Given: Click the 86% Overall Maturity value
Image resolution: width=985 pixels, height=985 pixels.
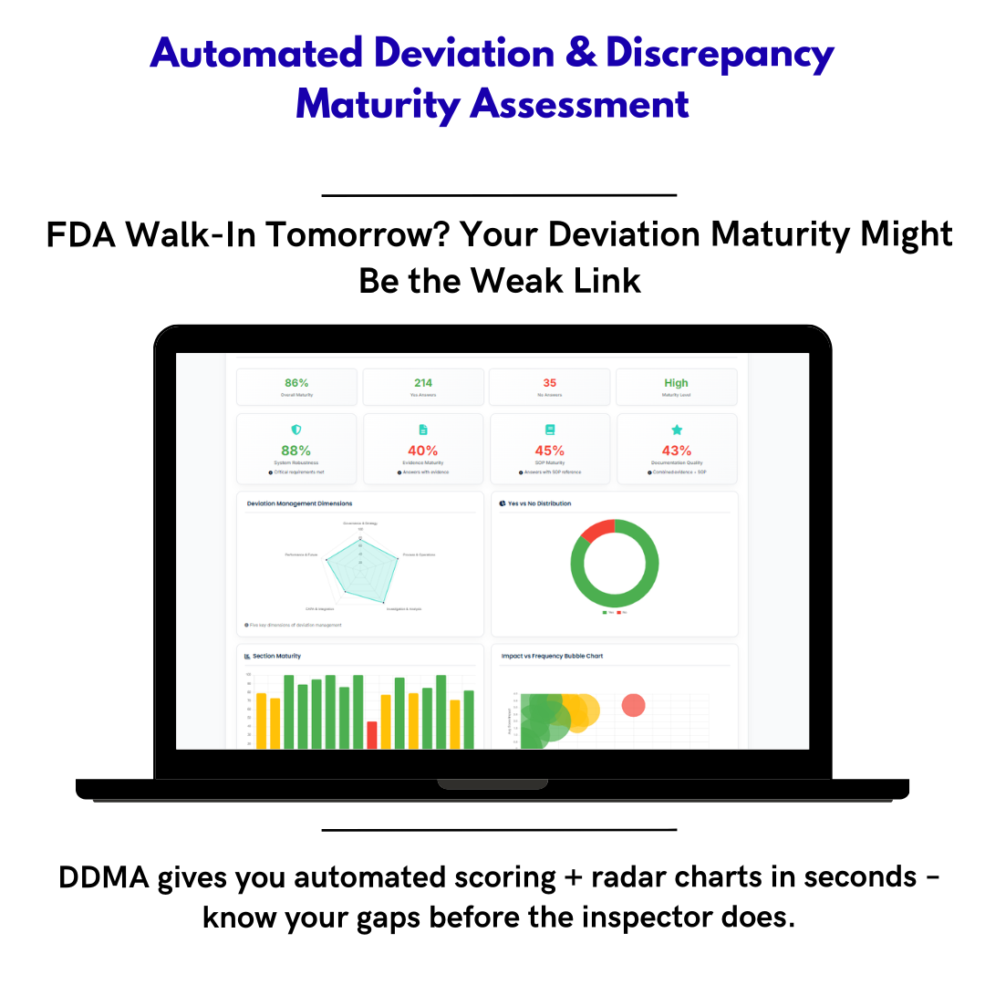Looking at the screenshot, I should [296, 383].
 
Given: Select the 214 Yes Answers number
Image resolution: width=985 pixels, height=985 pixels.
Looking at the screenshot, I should [423, 383].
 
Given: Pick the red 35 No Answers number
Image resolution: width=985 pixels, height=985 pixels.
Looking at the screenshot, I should [549, 383].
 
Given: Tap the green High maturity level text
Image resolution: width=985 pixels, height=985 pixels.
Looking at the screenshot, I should [676, 383].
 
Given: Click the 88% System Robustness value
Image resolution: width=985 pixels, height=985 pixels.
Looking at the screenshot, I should [295, 451].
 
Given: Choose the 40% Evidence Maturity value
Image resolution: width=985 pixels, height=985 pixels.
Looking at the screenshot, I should [422, 451].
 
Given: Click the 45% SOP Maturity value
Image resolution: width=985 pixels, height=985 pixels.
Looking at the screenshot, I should [549, 451].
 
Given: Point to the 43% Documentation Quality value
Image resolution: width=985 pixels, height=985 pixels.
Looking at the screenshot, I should [676, 451].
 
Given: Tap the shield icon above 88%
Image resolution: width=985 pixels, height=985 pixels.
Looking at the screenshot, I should [295, 430].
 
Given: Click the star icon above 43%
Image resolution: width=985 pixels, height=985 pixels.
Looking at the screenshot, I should [677, 430].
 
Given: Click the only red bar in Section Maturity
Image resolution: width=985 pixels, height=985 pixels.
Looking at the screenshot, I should [372, 734].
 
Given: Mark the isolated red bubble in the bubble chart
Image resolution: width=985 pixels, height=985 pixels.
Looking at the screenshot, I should [633, 705].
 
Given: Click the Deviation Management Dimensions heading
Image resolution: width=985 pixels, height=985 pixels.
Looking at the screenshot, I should [299, 503].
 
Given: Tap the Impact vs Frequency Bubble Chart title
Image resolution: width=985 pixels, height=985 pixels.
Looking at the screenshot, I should [552, 656].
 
